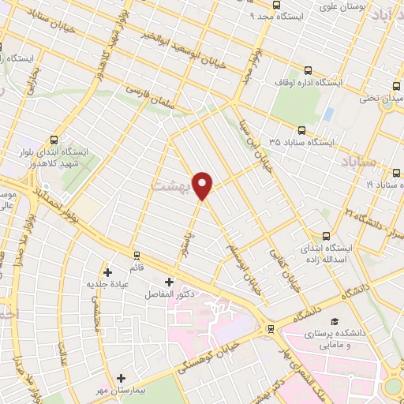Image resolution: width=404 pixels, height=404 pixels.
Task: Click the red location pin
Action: (204, 185)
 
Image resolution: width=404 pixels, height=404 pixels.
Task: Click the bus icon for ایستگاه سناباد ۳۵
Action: (301, 131)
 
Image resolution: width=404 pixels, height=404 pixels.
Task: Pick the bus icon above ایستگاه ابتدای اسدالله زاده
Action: (326, 235)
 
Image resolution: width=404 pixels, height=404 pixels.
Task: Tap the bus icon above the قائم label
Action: (138, 256)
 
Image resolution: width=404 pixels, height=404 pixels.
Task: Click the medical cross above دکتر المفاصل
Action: (169, 282)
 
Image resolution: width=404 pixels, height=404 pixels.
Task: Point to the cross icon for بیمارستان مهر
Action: (120, 378)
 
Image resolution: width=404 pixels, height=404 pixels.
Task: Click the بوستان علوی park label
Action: (342, 7)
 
